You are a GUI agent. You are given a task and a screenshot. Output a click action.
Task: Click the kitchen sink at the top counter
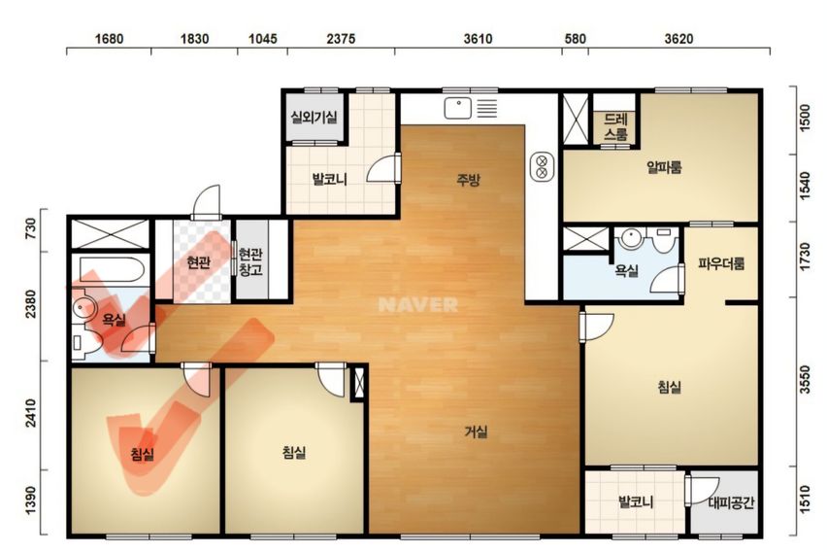pyautogui.click(x=458, y=108)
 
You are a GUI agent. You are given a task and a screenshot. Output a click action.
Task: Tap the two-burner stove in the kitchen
pyautogui.click(x=542, y=166)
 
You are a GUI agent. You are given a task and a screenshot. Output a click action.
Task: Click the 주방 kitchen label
pyautogui.click(x=469, y=180)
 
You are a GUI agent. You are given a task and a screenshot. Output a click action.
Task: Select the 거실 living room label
pyautogui.click(x=476, y=432)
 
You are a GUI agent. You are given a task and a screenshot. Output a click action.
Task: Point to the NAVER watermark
pyautogui.click(x=417, y=305)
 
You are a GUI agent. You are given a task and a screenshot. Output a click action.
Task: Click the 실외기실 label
pyautogui.click(x=314, y=117)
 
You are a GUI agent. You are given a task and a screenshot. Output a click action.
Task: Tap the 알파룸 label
pyautogui.click(x=664, y=167)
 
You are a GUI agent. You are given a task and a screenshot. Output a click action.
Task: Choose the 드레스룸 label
pyautogui.click(x=615, y=126)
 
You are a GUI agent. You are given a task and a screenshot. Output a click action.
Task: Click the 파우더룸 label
pyautogui.click(x=721, y=263)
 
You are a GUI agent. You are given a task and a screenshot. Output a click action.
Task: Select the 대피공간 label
pyautogui.click(x=731, y=502)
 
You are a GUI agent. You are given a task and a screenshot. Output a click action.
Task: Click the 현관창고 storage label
pyautogui.click(x=250, y=262)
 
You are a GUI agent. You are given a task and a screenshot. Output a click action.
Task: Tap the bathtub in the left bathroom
pyautogui.click(x=112, y=270)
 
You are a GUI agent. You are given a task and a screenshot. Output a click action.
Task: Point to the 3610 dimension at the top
pyautogui.click(x=478, y=39)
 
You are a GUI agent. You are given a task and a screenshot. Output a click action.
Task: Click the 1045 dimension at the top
pyautogui.click(x=263, y=39)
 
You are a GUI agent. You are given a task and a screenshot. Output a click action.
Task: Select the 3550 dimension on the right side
pyautogui.click(x=805, y=379)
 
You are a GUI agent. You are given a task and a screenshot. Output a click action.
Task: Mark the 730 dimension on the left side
pyautogui.click(x=31, y=229)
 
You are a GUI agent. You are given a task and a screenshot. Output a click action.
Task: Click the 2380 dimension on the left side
pyautogui.click(x=31, y=304)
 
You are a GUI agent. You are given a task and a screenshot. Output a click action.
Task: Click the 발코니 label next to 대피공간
pyautogui.click(x=636, y=501)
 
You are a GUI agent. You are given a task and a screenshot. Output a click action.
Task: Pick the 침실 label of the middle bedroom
pyautogui.click(x=294, y=452)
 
